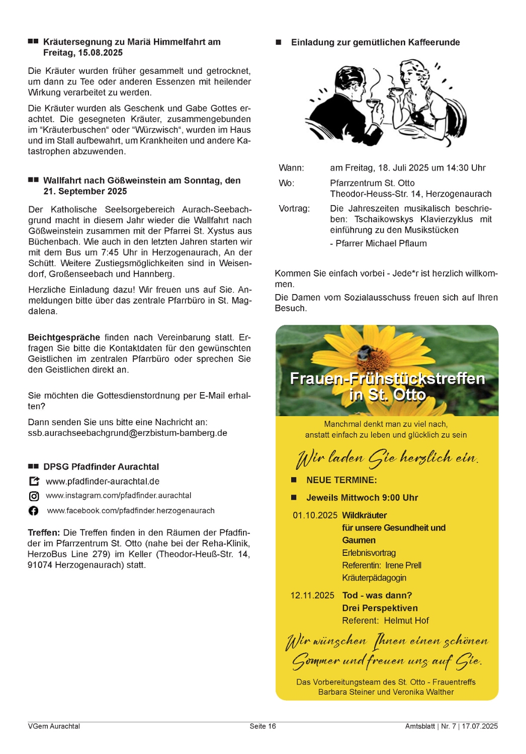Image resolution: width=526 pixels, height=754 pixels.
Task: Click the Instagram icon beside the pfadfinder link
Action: pos(34,496)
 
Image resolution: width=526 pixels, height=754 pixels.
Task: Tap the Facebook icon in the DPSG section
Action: pos(34,511)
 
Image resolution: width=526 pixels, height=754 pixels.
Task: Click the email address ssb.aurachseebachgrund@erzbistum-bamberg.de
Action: pos(127,433)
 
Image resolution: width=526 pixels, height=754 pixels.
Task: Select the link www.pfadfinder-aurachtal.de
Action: pos(103,481)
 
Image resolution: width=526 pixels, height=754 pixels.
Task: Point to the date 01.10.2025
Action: pos(315,515)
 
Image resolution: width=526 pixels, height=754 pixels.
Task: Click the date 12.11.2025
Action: pos(312,595)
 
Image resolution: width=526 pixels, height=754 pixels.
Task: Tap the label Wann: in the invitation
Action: pos(291,168)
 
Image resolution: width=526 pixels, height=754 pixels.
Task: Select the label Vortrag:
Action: pos(294,208)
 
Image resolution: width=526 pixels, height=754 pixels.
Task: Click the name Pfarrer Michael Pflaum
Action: pos(381,243)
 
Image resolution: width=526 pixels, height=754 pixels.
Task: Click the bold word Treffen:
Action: pos(44,532)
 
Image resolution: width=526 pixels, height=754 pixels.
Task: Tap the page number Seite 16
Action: pos(262,726)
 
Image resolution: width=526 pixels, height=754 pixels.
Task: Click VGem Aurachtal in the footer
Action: pos(54,726)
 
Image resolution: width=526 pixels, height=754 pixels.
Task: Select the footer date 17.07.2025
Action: pos(480,726)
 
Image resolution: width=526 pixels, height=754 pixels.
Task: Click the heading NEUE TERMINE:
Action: pos(341,480)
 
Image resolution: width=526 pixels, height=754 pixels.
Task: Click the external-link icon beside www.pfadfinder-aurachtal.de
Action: pos(34,481)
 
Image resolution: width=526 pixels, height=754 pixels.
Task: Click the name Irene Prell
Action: pos(403,565)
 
